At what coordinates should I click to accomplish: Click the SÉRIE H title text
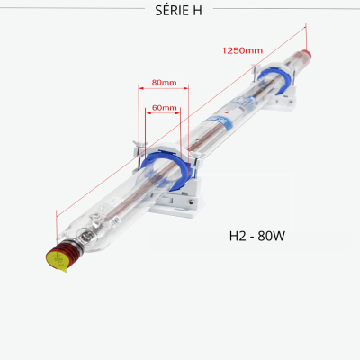(x=178, y=11)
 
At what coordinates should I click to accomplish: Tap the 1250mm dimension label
(x=242, y=50)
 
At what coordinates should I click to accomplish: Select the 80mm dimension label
(x=164, y=82)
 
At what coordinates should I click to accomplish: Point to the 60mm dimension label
(x=164, y=108)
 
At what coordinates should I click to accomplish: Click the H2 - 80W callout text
(x=257, y=236)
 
